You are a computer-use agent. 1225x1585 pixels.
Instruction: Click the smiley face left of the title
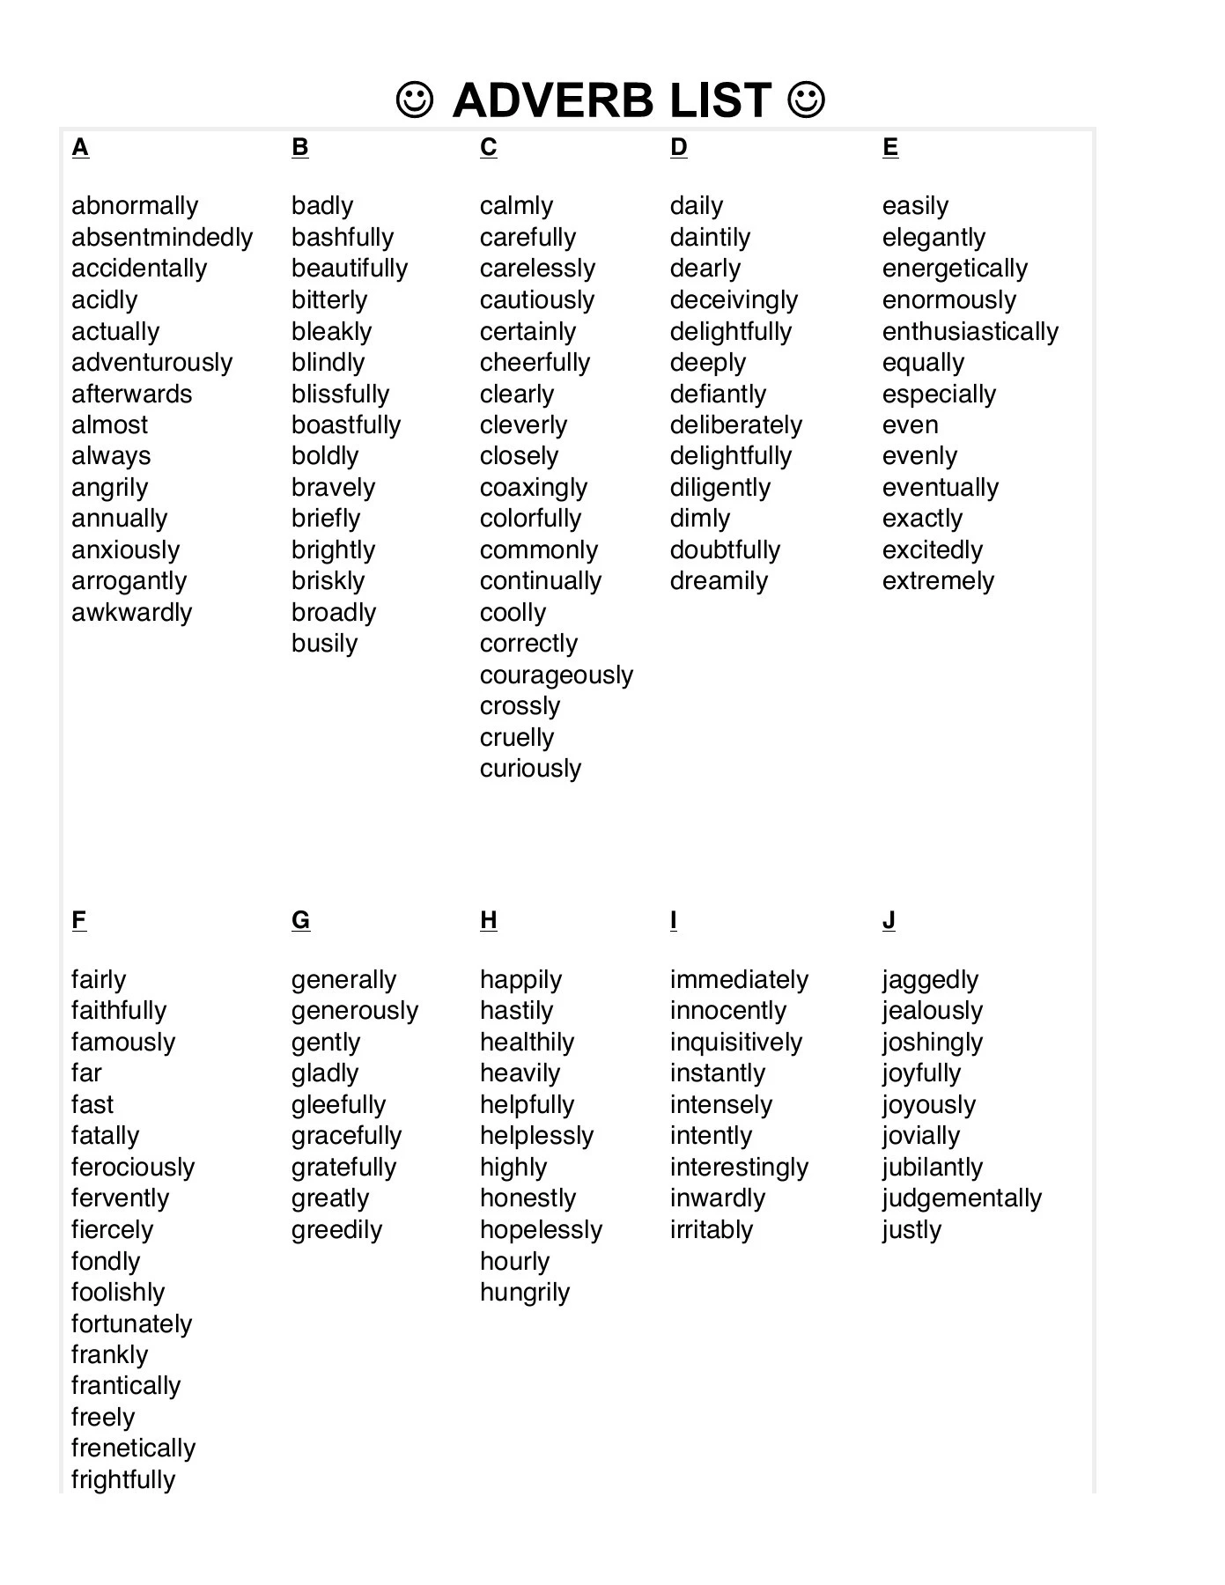coord(414,100)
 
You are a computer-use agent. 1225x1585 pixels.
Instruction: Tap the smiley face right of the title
coord(807,100)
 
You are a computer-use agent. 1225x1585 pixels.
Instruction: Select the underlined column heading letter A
coord(80,147)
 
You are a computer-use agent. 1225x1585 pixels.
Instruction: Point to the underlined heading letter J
coord(889,920)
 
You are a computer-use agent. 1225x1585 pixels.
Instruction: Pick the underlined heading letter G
coord(300,920)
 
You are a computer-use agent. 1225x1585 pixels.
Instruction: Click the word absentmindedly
coord(162,238)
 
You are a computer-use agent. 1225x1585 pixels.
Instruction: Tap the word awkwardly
coord(131,613)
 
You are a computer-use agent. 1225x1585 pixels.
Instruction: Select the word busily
coord(324,644)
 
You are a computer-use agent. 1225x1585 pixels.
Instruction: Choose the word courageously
coord(556,675)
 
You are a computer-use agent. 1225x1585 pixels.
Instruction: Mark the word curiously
coord(530,769)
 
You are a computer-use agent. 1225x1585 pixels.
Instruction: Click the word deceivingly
coord(734,300)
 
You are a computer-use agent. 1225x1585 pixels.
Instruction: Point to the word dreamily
coord(719,581)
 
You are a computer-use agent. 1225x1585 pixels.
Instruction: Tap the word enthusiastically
coord(970,332)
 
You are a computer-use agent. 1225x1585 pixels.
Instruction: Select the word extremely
coord(938,581)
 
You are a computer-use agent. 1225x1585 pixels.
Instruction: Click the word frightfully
coord(123,1479)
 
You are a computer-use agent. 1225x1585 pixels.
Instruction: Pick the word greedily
coord(336,1230)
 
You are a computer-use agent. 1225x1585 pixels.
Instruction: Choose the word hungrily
coord(525,1293)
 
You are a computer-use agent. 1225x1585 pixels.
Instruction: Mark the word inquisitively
coord(735,1043)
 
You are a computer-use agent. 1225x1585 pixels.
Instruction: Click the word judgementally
coord(962,1198)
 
